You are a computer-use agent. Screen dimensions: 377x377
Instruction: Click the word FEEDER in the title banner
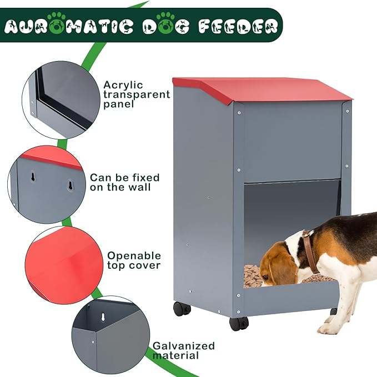239,26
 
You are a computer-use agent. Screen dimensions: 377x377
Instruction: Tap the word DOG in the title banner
165,26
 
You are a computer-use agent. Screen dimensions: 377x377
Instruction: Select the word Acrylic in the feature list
123,85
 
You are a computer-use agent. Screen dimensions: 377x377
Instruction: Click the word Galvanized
184,346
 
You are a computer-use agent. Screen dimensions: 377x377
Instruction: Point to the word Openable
134,256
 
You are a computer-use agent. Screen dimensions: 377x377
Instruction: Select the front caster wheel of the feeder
239,323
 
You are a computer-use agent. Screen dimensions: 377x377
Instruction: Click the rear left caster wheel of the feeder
182,309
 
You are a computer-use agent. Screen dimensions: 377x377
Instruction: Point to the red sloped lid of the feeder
262,89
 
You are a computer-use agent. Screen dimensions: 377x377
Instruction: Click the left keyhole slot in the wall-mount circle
33,177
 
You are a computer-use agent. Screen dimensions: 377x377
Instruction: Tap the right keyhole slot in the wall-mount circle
70,185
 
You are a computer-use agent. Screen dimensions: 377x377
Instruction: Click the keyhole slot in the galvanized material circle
103,317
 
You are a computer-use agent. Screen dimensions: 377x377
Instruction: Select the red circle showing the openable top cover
64,265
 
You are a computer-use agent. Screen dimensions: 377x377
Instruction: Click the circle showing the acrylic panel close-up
61,100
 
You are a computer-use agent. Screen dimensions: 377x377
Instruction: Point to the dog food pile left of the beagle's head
252,275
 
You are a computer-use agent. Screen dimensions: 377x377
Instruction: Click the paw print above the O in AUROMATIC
57,16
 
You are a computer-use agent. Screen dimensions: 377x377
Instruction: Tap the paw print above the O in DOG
165,16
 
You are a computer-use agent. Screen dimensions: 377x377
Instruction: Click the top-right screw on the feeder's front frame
347,111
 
